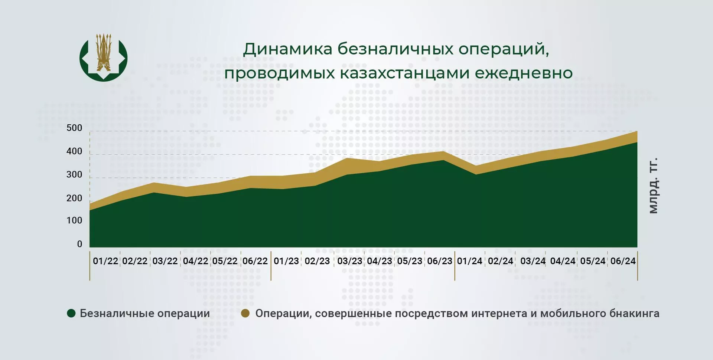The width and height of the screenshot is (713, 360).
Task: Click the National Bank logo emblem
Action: point(104,58)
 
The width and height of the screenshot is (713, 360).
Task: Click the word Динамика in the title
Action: point(287,49)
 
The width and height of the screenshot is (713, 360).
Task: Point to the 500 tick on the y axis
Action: point(74,128)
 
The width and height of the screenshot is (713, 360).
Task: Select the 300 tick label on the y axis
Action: point(74,174)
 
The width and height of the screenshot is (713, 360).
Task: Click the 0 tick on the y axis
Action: point(79,244)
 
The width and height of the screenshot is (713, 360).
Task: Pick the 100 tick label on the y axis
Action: point(74,220)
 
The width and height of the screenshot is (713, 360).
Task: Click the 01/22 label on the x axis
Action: point(105,261)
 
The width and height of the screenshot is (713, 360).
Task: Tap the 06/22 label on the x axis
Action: point(255,261)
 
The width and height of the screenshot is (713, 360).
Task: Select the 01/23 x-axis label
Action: point(286,261)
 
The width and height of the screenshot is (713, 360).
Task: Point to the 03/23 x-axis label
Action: point(349,261)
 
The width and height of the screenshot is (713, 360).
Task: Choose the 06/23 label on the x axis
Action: point(440,261)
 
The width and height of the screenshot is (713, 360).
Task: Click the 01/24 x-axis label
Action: point(470,261)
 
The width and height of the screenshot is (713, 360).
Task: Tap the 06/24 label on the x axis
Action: point(623,261)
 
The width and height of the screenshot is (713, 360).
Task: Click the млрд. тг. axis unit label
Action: point(653,186)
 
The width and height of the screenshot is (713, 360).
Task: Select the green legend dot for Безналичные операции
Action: point(71,313)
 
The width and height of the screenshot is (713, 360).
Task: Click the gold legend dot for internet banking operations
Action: point(245,313)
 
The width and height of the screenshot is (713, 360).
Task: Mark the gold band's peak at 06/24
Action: point(637,131)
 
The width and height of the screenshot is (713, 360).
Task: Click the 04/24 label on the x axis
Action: point(563,261)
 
